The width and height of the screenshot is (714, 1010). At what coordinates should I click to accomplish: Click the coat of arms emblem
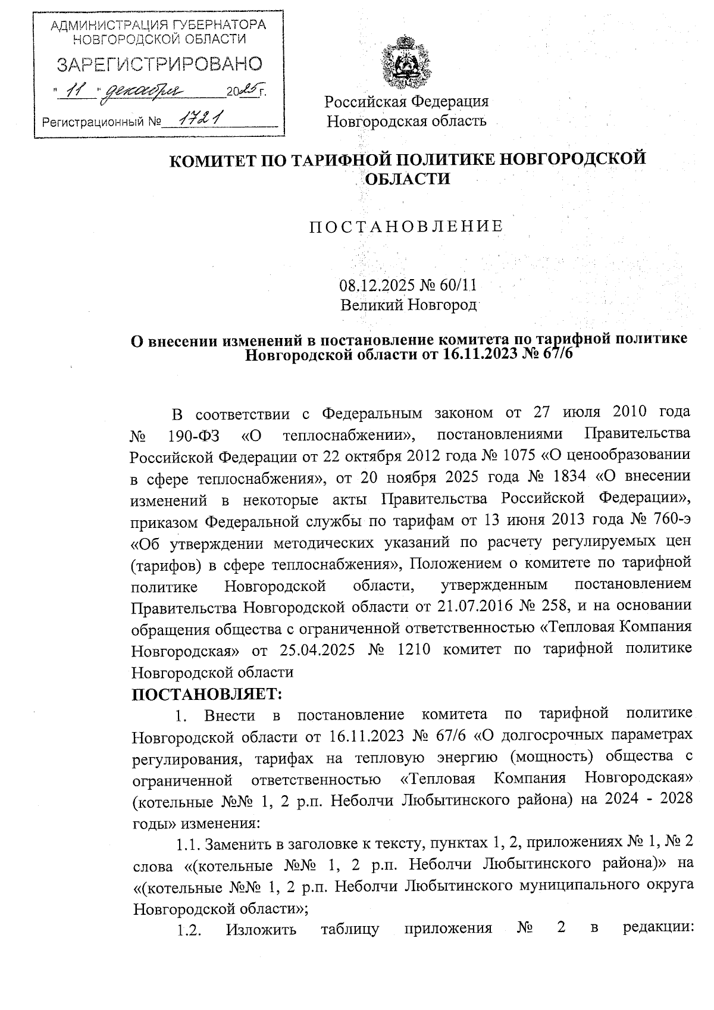(406, 62)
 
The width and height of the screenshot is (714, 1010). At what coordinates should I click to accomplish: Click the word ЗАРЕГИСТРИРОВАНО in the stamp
(159, 65)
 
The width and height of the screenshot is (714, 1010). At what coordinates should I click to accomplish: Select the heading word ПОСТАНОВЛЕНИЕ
(406, 226)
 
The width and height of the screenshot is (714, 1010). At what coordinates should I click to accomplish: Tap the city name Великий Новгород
(408, 305)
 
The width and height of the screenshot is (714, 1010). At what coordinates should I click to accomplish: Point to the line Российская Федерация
(406, 101)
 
